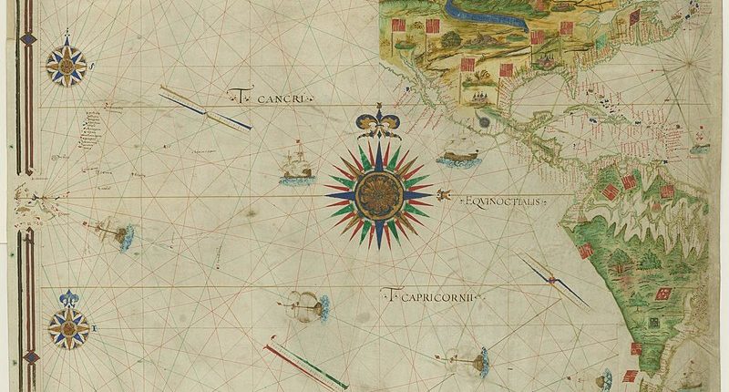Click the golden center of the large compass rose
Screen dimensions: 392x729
[x=377, y=191]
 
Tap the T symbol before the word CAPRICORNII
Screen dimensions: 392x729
[x=389, y=295]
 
